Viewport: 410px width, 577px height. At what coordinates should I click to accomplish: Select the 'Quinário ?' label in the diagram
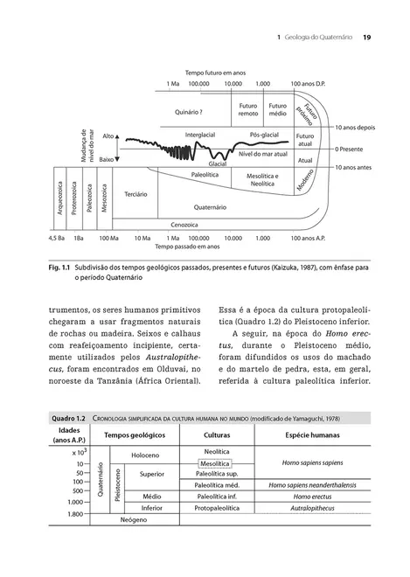pos(189,112)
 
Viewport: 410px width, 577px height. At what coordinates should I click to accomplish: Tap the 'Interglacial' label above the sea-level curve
pos(200,136)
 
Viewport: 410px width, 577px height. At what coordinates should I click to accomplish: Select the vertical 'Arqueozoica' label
pos(60,197)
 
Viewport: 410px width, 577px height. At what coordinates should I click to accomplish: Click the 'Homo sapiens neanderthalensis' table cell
pos(300,484)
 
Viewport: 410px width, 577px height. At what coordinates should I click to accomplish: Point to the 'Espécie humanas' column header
pos(300,434)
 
